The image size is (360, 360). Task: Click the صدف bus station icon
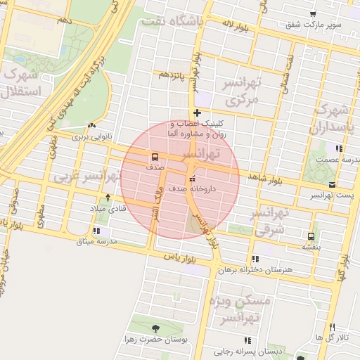154,157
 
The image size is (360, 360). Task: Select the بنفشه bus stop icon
311,236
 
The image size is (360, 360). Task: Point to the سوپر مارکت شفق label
313,25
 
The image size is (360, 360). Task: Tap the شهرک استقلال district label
21,83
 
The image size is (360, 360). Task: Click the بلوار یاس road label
179,258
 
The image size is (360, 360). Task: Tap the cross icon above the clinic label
198,112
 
